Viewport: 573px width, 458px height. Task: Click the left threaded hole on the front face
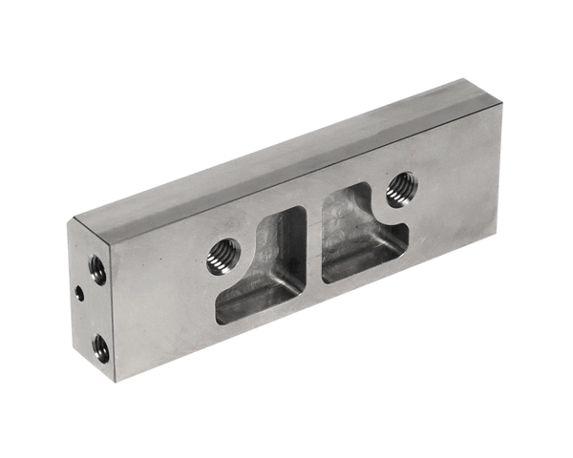(x=224, y=255)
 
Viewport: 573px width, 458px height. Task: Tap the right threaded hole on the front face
(x=401, y=188)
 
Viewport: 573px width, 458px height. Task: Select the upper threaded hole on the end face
(x=97, y=270)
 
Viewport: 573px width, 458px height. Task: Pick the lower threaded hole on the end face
(x=100, y=348)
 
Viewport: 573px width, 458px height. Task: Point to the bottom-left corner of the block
(x=115, y=381)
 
